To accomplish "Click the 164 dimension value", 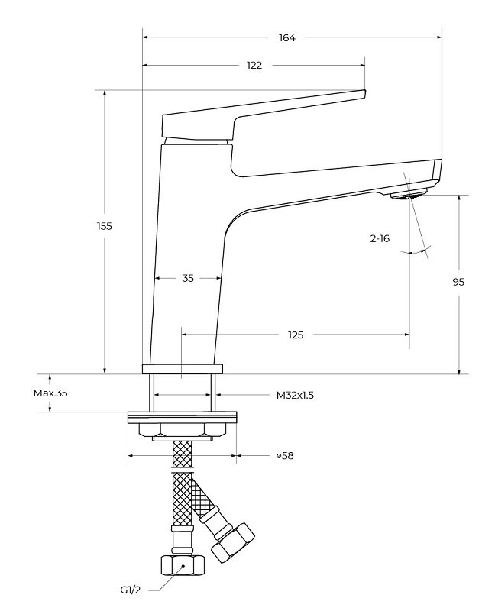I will click(287, 37).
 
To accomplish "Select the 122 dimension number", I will click(254, 66).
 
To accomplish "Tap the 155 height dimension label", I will click(105, 226).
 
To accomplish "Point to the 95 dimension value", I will click(458, 282).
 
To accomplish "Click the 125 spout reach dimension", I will click(296, 335).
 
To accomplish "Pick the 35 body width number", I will click(188, 278).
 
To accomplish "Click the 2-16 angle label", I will click(380, 239).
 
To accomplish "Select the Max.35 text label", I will click(51, 393).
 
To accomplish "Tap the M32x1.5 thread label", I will click(296, 396).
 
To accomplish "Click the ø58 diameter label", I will click(285, 456).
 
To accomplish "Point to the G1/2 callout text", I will click(130, 590).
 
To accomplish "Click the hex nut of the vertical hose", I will click(183, 566).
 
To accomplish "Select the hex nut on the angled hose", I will click(234, 541).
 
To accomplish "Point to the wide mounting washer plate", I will click(183, 417).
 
